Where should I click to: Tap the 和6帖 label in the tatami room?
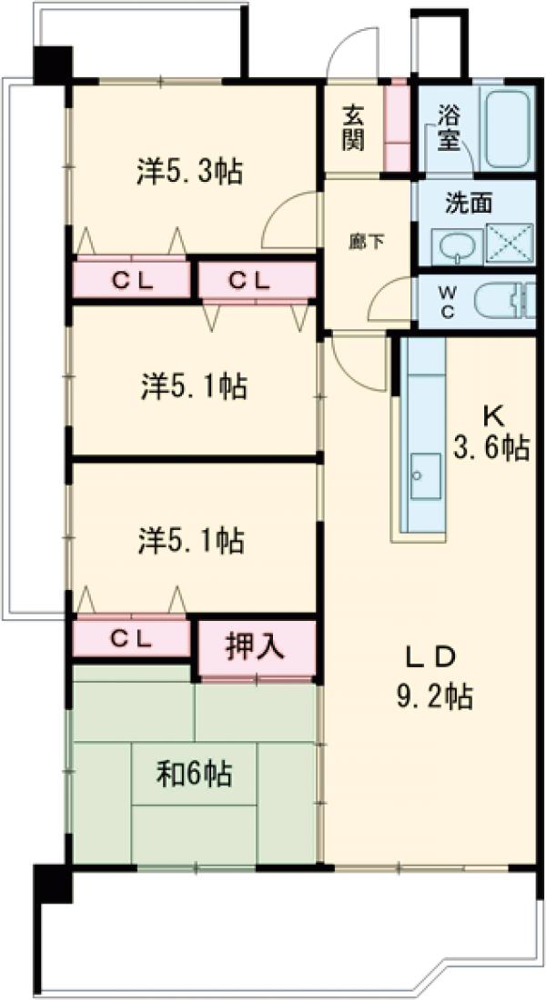194,775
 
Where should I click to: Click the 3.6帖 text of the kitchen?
491,447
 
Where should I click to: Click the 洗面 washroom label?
468,203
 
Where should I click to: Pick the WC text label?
450,300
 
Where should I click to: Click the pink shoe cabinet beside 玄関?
397,127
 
